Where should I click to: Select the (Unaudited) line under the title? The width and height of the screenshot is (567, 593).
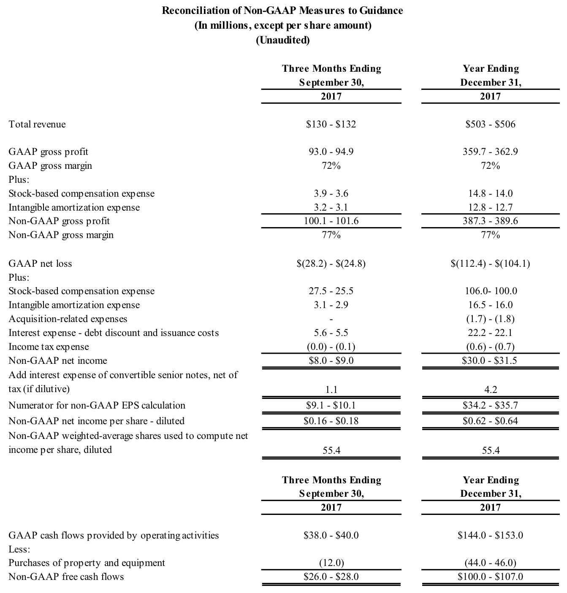click(282, 40)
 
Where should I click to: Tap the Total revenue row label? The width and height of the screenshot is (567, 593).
click(37, 125)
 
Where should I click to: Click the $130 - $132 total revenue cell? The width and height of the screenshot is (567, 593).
click(331, 125)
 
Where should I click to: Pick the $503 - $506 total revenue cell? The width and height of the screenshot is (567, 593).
click(490, 125)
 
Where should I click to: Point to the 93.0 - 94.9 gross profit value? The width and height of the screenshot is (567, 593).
click(331, 152)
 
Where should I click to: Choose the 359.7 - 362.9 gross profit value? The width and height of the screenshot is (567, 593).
click(490, 152)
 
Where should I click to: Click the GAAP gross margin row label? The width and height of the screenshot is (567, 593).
click(50, 166)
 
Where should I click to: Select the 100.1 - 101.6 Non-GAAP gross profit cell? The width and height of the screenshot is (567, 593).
click(331, 221)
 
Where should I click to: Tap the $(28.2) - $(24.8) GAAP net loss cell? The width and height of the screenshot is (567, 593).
click(331, 264)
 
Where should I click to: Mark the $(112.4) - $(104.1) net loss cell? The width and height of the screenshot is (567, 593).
click(490, 264)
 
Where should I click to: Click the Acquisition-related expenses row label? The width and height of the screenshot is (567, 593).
click(68, 319)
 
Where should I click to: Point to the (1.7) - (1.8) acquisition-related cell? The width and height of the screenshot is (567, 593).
click(490, 319)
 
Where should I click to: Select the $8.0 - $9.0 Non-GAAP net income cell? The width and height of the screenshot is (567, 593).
click(331, 361)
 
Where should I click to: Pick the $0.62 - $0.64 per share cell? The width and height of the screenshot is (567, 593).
click(490, 421)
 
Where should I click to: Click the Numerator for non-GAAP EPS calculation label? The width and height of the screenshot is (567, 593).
click(97, 406)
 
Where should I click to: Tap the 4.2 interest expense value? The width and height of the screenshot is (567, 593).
click(490, 390)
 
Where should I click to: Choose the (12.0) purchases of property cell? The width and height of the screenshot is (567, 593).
click(331, 563)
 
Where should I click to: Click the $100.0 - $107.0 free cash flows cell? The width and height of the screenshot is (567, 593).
click(490, 577)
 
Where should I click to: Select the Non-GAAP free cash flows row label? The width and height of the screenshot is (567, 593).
click(66, 577)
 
